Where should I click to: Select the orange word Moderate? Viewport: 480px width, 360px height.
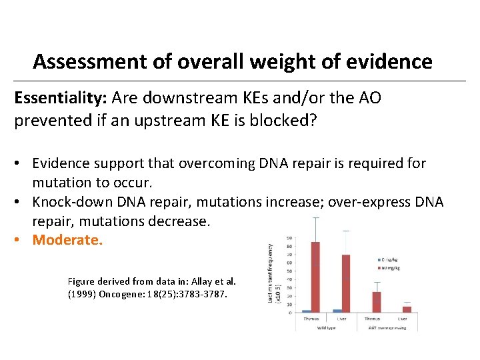[x=67, y=239]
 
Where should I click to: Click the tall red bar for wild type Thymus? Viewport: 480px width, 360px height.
[x=315, y=277]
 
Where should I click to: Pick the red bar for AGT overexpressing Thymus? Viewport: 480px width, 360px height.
[x=377, y=301]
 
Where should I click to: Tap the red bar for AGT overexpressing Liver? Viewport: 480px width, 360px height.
[x=407, y=309]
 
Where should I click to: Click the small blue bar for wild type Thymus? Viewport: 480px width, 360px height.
[x=306, y=311]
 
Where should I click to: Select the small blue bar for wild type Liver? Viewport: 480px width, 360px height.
[x=337, y=310]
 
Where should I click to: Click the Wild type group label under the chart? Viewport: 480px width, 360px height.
[x=326, y=327]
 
